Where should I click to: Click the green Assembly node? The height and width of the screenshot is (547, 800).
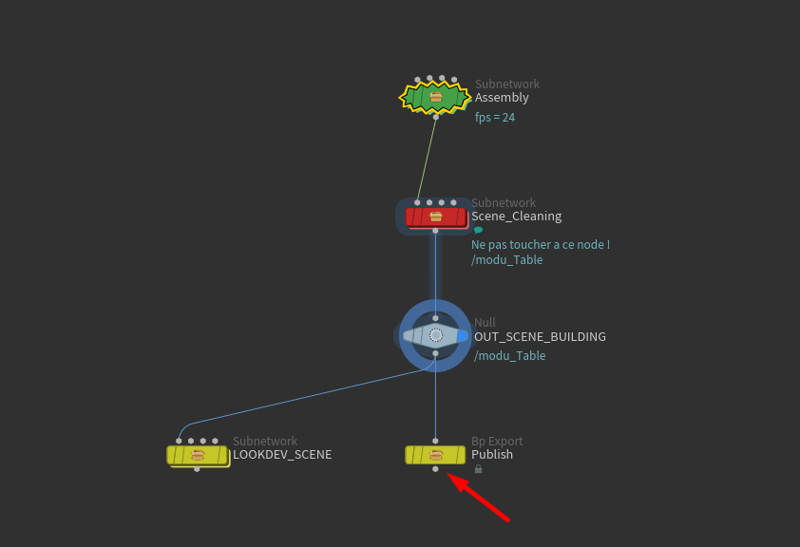[435, 97]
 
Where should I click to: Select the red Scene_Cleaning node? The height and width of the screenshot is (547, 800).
[435, 217]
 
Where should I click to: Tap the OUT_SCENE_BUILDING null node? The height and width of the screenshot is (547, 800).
[435, 335]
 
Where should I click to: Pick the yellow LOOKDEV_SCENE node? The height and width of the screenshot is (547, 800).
[198, 455]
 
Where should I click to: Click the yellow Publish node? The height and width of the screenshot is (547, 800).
[435, 455]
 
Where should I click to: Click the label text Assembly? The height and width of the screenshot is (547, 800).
[502, 98]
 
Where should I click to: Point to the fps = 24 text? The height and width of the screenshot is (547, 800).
[495, 118]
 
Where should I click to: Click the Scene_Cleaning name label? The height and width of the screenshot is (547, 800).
[516, 217]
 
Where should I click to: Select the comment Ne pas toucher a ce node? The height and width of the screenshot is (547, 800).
[540, 245]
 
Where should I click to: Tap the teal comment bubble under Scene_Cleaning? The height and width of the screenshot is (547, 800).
[478, 230]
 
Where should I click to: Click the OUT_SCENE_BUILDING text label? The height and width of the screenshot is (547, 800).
[540, 337]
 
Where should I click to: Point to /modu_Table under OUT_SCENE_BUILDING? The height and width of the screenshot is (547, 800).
[509, 356]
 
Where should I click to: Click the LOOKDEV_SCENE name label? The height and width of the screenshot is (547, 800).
[282, 455]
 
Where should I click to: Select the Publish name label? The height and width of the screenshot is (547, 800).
[492, 455]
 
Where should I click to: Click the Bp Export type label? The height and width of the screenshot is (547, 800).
[497, 442]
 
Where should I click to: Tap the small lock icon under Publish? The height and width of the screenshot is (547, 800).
[478, 469]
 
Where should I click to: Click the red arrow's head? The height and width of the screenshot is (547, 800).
[450, 477]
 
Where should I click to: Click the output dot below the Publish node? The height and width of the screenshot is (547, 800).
[435, 469]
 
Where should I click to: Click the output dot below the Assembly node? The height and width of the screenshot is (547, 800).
[436, 117]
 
